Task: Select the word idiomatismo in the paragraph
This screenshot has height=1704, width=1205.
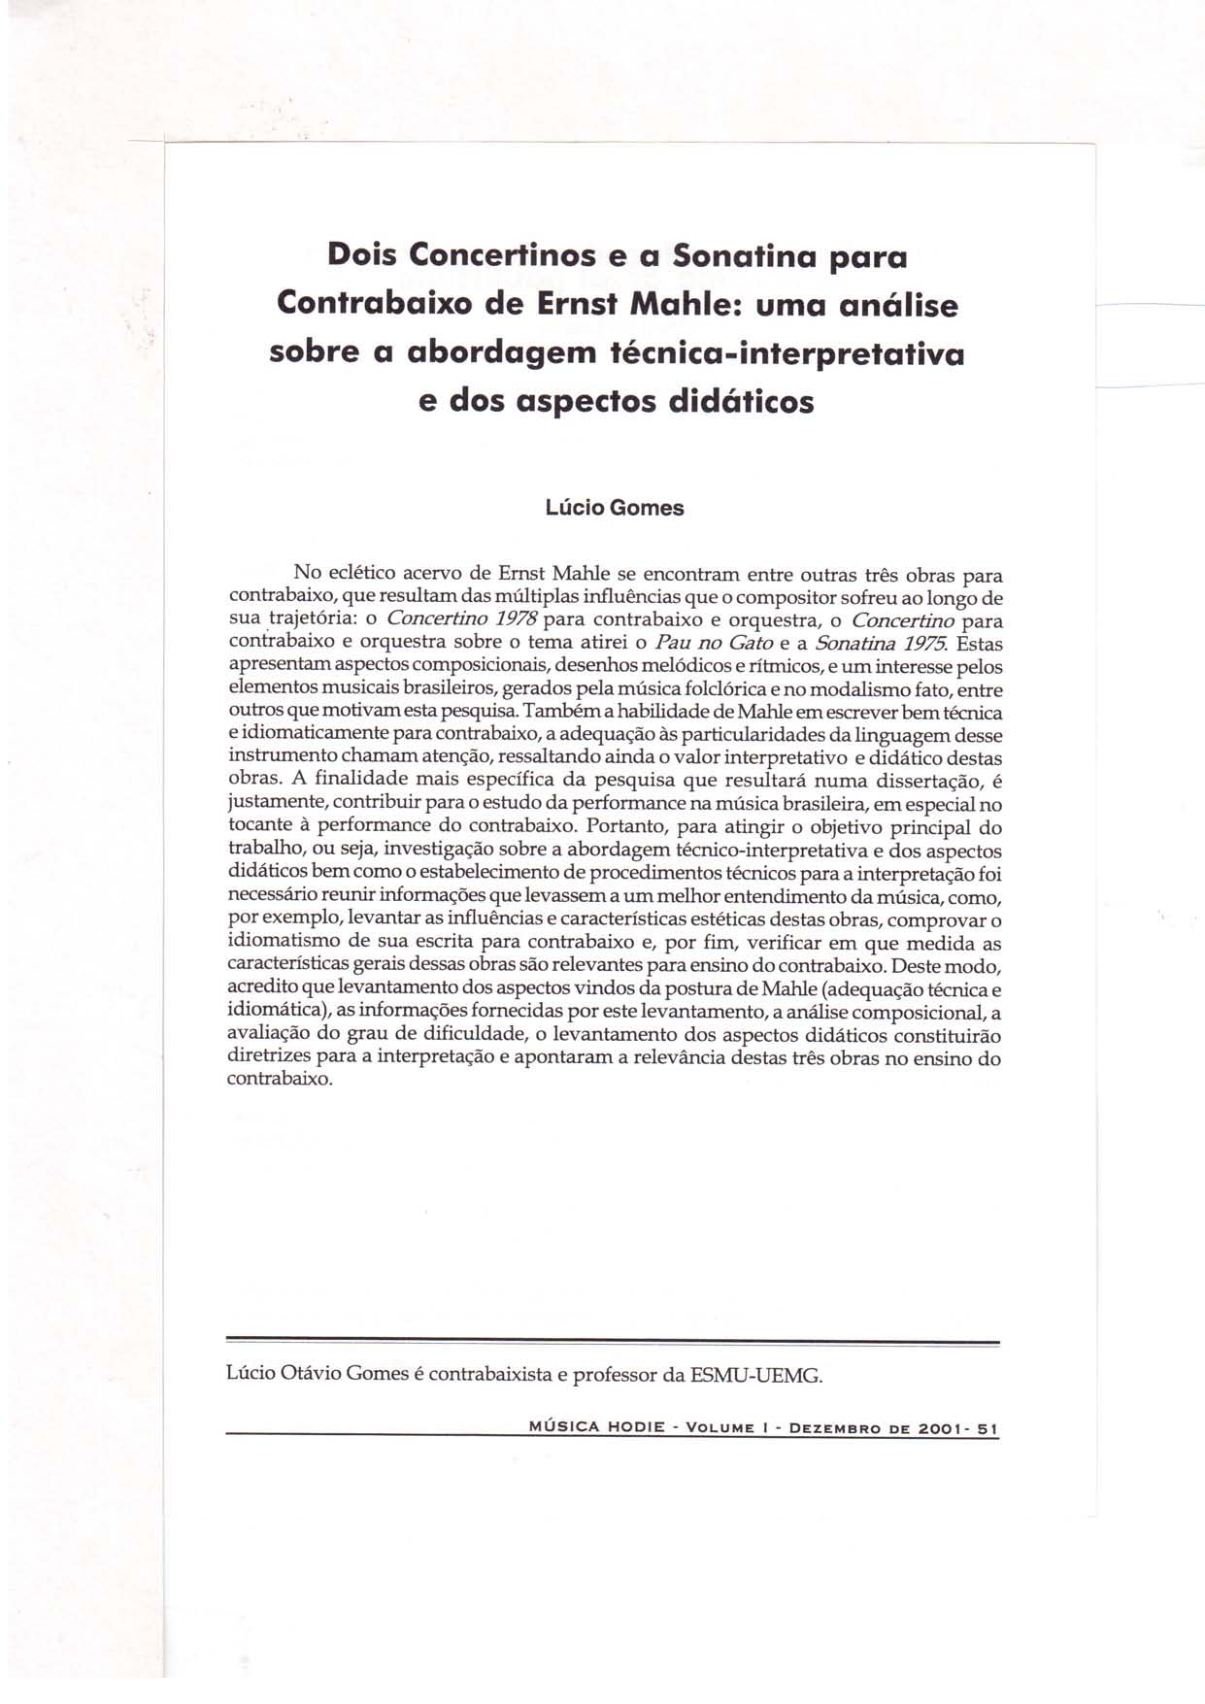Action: (283, 942)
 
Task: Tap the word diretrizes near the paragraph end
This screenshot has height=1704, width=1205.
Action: (266, 1056)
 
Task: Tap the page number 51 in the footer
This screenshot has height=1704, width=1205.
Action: (987, 1428)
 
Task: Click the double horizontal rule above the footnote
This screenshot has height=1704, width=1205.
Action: (612, 1343)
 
